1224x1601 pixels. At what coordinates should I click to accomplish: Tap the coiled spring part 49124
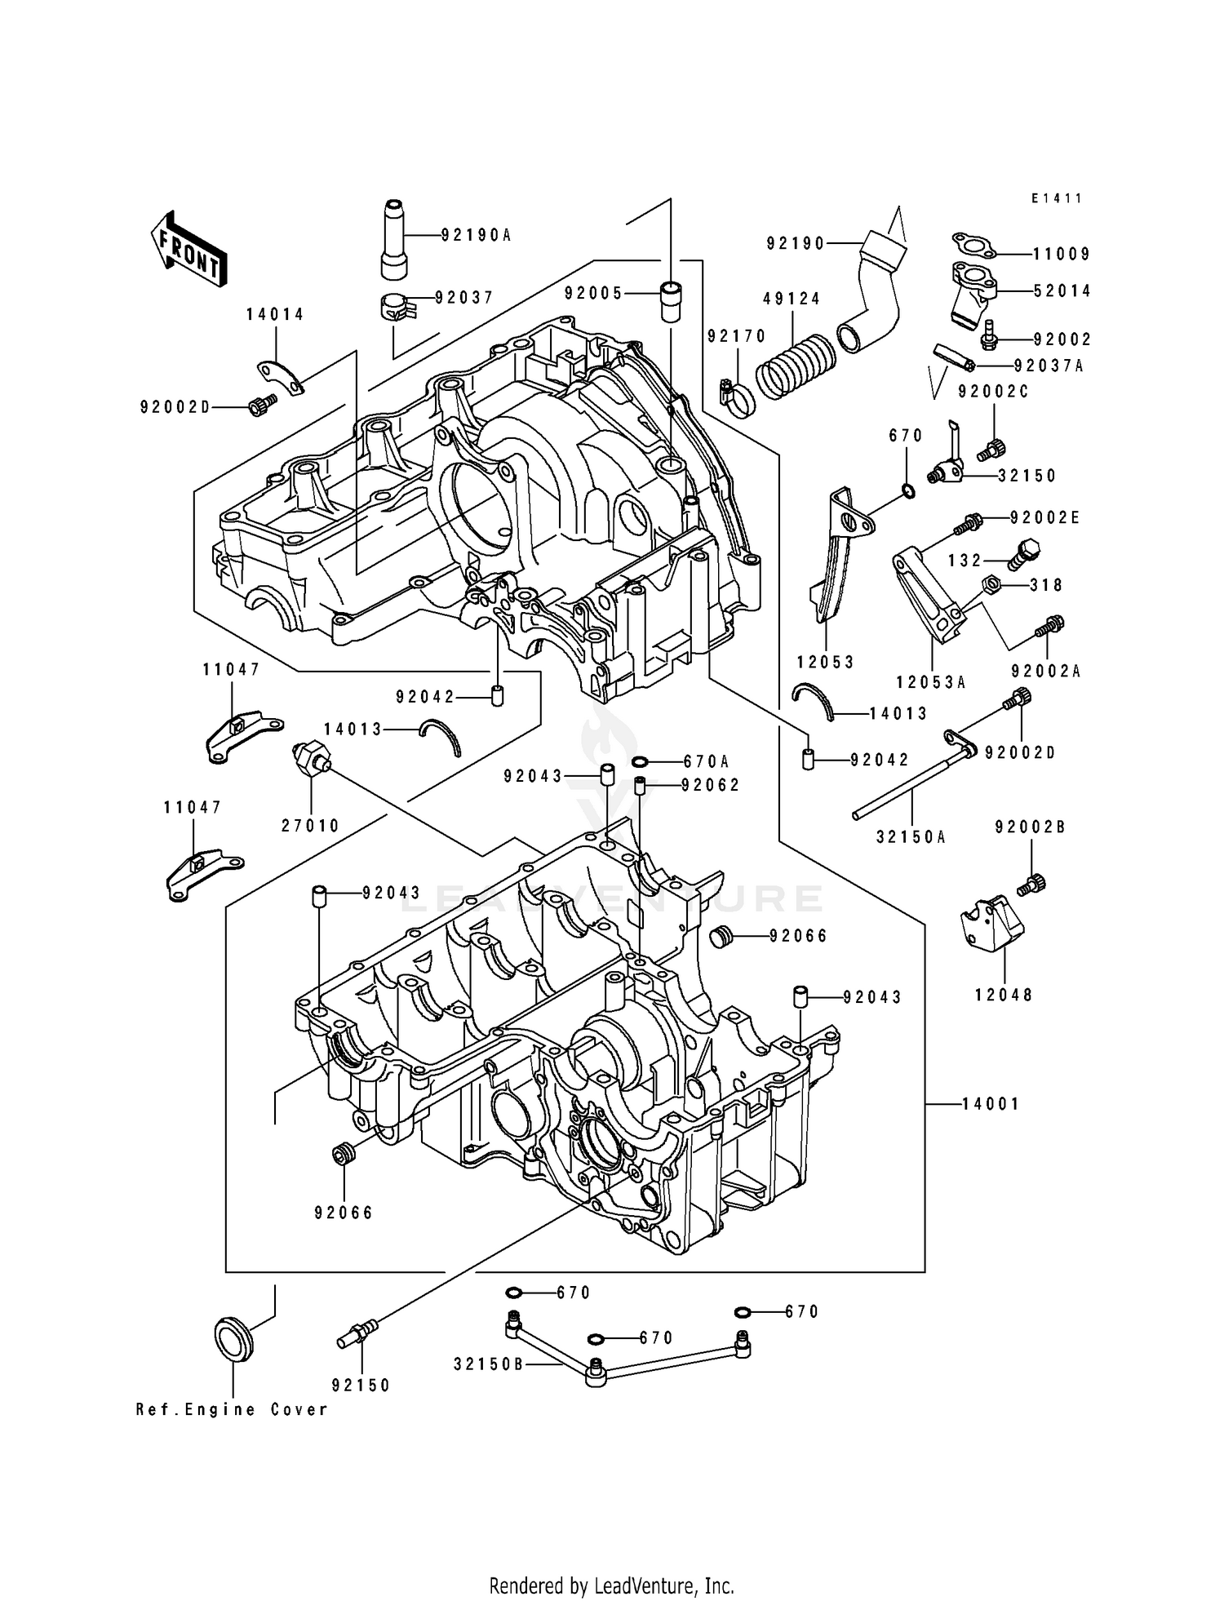click(x=795, y=368)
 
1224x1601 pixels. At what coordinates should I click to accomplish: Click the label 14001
click(x=990, y=1104)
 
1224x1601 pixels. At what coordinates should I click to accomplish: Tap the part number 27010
click(x=310, y=826)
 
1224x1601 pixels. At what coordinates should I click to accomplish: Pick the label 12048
click(x=1004, y=995)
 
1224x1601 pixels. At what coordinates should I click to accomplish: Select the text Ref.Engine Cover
click(x=232, y=1409)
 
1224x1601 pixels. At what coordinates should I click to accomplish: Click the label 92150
click(x=361, y=1385)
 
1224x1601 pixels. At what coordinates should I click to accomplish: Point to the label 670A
click(x=706, y=761)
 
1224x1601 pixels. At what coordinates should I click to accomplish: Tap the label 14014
click(x=276, y=315)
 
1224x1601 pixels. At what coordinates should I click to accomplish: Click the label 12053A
click(x=930, y=682)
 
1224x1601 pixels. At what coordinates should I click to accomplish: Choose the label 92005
click(x=593, y=293)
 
